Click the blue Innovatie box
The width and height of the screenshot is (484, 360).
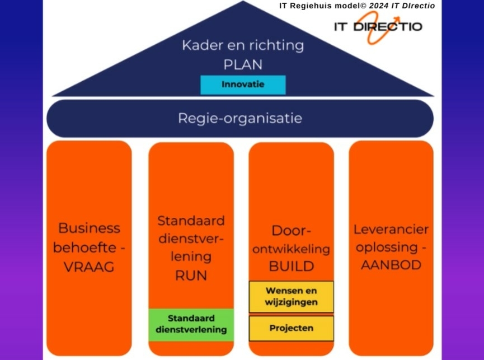pos(243,85)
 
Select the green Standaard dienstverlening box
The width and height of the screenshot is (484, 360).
pos(191,324)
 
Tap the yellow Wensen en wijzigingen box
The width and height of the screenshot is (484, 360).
pos(291,297)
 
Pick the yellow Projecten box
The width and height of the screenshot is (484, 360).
pos(291,328)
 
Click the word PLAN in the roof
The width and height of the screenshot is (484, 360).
pos(243,64)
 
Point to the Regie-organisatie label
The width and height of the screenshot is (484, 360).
pos(240,118)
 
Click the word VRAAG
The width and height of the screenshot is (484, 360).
pos(89,267)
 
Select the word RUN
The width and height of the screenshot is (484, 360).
pos(191,275)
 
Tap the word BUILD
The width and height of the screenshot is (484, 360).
pos(291,267)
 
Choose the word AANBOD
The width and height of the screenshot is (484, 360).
pos(391,265)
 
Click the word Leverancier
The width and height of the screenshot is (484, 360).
pos(391,230)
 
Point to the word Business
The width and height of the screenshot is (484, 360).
pos(89,228)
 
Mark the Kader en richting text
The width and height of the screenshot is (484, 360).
pos(243,45)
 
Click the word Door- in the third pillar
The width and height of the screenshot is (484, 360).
pos(291,231)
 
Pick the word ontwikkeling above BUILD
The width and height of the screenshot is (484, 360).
pos(291,249)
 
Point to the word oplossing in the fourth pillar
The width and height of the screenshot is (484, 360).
pos(386,247)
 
